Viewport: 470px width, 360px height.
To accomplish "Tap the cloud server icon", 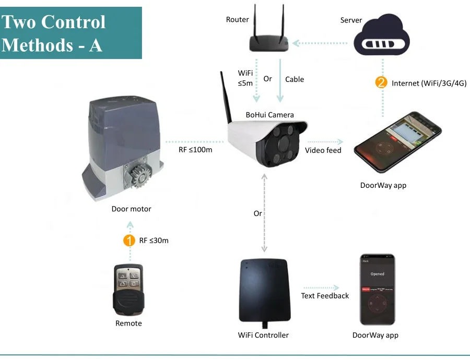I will [x=383, y=38].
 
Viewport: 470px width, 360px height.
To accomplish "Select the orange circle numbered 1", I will [x=128, y=241].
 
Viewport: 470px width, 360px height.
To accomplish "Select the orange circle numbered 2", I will [x=382, y=82].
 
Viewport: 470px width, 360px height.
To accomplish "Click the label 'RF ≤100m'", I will [x=196, y=151].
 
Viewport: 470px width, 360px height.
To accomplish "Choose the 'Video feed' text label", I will [x=323, y=150].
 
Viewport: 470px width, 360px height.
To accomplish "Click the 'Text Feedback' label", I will [x=325, y=296].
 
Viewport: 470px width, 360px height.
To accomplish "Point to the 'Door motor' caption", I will [x=131, y=209].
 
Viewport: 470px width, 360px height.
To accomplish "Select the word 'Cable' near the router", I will [x=295, y=79].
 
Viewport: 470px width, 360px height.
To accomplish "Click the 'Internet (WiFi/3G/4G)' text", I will [x=429, y=83].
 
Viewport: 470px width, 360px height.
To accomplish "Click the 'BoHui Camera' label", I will [x=270, y=115].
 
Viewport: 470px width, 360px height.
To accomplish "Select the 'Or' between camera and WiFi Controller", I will [x=258, y=213].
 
